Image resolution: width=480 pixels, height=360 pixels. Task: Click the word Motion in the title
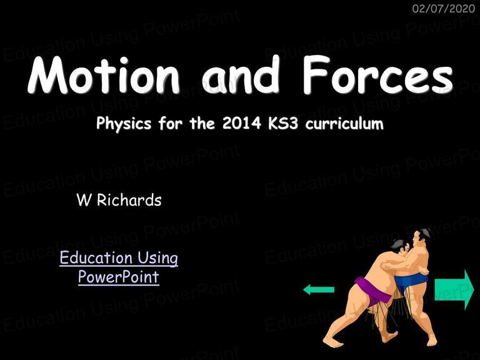point(104,75)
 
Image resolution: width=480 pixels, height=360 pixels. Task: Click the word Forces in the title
point(378,74)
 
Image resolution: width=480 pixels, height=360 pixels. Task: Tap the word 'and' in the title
point(241,75)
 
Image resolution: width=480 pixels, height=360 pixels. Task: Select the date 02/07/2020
point(443,9)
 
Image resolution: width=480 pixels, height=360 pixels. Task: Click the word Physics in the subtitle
point(124,124)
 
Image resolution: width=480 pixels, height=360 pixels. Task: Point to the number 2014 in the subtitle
point(241,123)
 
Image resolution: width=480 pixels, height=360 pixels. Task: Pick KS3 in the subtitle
point(283,123)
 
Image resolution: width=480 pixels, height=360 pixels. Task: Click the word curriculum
point(344,123)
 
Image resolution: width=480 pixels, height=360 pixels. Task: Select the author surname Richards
point(129,200)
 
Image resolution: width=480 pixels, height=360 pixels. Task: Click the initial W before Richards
point(84,200)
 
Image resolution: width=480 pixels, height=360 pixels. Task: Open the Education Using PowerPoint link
point(119,267)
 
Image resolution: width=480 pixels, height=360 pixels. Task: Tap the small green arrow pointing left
point(319,289)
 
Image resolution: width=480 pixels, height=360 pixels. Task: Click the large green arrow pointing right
point(454,289)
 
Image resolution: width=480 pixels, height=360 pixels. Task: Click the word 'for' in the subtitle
point(170,123)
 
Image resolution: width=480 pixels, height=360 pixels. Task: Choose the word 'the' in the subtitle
point(202,123)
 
